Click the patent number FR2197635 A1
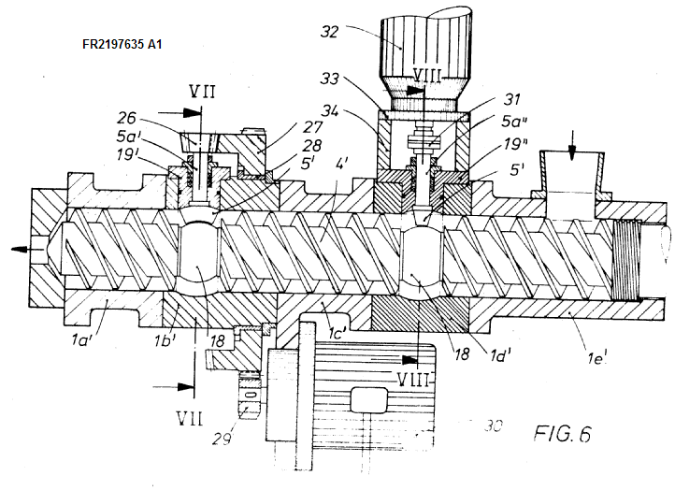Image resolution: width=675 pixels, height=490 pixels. click(x=125, y=43)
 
